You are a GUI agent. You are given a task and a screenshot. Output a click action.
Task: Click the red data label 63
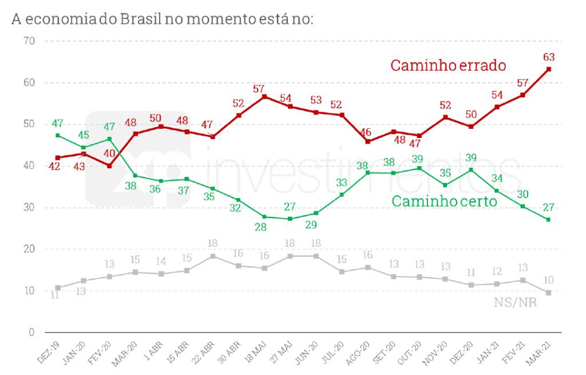[x=549, y=57]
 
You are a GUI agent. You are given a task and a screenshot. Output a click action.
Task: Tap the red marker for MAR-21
[x=549, y=69]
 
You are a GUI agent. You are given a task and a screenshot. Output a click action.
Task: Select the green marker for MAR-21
[x=549, y=219]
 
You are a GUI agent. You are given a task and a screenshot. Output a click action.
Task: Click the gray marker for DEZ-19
[x=58, y=288]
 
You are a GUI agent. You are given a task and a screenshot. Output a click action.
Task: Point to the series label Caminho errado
[x=448, y=65]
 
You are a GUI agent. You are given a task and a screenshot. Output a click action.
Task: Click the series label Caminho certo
[x=444, y=201]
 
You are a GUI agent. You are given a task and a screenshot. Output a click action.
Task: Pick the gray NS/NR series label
[x=515, y=302]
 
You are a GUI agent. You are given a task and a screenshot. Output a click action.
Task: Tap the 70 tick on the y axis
[x=29, y=41]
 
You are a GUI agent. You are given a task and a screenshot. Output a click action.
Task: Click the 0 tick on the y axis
[x=32, y=333]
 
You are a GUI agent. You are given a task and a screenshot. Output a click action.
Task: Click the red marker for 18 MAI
[x=264, y=97]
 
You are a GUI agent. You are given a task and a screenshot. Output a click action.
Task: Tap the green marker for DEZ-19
[x=58, y=136]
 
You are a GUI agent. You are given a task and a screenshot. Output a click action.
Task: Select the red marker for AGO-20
[x=367, y=141]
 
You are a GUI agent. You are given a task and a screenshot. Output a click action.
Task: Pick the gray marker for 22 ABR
[x=212, y=256]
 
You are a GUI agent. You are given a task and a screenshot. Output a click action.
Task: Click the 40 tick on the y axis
[x=29, y=166]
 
